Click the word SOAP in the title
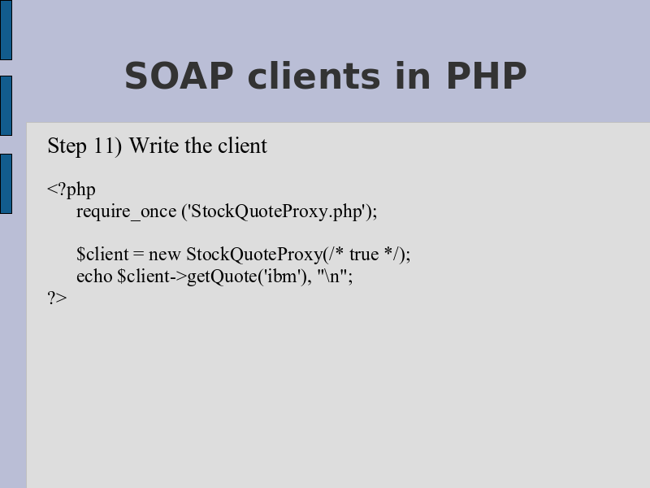pyautogui.click(x=179, y=76)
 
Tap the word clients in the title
pyautogui.click(x=314, y=76)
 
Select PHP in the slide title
pyautogui.click(x=487, y=76)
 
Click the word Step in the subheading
pyautogui.click(x=67, y=146)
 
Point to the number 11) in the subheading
pyautogui.click(x=108, y=146)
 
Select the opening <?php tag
pyautogui.click(x=71, y=190)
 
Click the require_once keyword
pyautogui.click(x=127, y=212)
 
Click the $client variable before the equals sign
pyautogui.click(x=102, y=254)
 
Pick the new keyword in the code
pyautogui.click(x=164, y=255)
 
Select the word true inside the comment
pyautogui.click(x=364, y=255)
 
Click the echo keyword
pyautogui.click(x=94, y=276)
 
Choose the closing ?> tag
pyautogui.click(x=57, y=298)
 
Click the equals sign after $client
pyautogui.click(x=138, y=255)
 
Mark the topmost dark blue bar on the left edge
pyautogui.click(x=6, y=30)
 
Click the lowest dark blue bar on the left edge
pyautogui.click(x=6, y=184)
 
